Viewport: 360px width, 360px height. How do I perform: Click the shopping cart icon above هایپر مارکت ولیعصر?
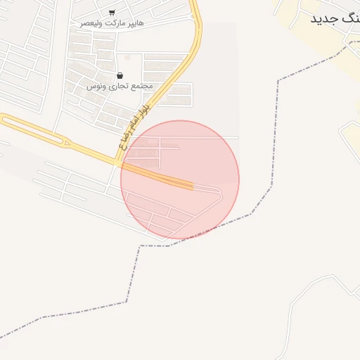(112, 13)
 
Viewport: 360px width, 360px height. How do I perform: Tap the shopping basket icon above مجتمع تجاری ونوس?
(120, 75)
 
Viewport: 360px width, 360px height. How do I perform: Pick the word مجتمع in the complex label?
(141, 86)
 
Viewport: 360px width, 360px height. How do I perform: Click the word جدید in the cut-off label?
(326, 18)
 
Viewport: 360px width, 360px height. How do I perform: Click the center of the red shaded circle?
(180, 179)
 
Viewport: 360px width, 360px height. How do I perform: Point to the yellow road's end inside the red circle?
(191, 186)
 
